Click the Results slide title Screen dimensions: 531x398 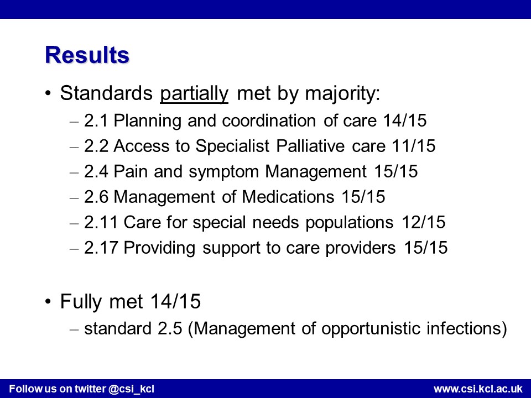tap(87, 55)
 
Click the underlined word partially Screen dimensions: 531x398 tap(194, 94)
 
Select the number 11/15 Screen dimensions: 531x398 tap(414, 146)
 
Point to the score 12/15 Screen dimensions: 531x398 tap(423, 222)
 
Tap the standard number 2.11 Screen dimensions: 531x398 tap(101, 222)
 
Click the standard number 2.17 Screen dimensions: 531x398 tap(101, 248)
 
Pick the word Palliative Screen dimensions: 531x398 tap(310, 146)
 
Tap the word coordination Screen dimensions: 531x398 tap(269, 121)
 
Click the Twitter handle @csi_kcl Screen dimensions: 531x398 tap(132, 389)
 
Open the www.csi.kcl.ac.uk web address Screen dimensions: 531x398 tap(478, 389)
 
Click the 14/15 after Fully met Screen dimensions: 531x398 tap(175, 301)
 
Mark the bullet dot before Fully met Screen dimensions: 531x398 tap(48, 301)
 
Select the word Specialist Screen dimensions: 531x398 tap(233, 146)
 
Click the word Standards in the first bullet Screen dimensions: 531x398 tap(106, 93)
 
